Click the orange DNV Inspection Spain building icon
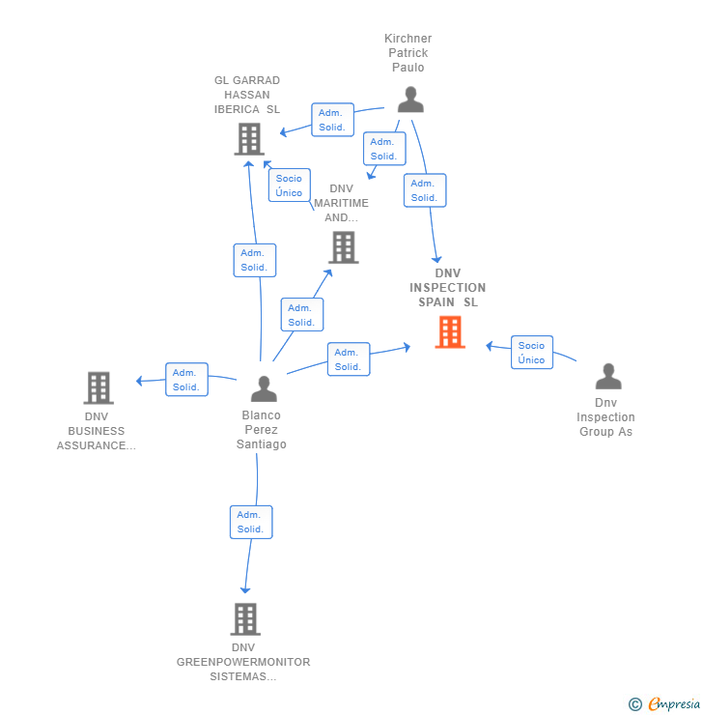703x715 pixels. (450, 331)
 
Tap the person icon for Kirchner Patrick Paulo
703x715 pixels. (410, 100)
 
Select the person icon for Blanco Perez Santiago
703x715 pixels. (264, 388)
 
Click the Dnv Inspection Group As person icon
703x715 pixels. (607, 376)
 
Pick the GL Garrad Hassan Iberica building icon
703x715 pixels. (249, 139)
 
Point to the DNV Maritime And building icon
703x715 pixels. (343, 247)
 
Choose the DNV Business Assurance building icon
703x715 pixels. (98, 387)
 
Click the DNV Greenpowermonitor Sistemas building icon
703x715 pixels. (245, 618)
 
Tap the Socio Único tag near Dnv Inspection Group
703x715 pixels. (531, 353)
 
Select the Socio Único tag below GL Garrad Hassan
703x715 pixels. (289, 186)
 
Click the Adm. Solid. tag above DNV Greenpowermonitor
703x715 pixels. (251, 522)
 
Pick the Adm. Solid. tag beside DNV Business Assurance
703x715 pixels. (186, 380)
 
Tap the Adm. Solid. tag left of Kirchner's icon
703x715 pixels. (332, 120)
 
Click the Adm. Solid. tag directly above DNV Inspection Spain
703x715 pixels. (425, 190)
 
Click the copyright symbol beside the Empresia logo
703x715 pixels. (635, 705)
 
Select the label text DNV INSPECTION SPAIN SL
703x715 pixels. (447, 288)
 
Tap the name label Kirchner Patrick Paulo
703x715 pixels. (408, 53)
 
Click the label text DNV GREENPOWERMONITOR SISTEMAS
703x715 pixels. (243, 662)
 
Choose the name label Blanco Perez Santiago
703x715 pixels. (262, 430)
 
